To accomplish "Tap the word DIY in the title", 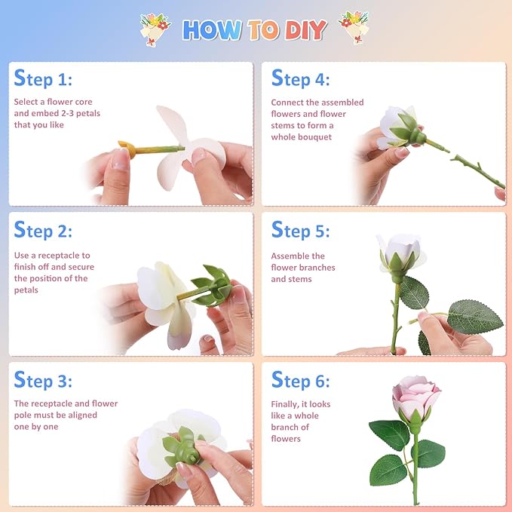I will click(305, 29).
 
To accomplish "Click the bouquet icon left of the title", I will click(155, 28).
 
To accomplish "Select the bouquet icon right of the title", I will click(354, 26).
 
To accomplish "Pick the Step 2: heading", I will click(43, 230).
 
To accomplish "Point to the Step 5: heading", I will click(300, 230).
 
